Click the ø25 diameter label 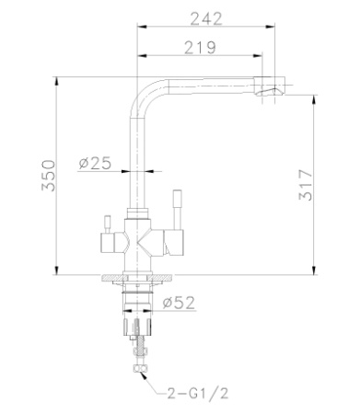(x=95, y=163)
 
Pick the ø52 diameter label (x=178, y=302)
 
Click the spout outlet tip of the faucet (x=273, y=91)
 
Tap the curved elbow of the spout (x=148, y=87)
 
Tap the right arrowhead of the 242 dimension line (x=286, y=29)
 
